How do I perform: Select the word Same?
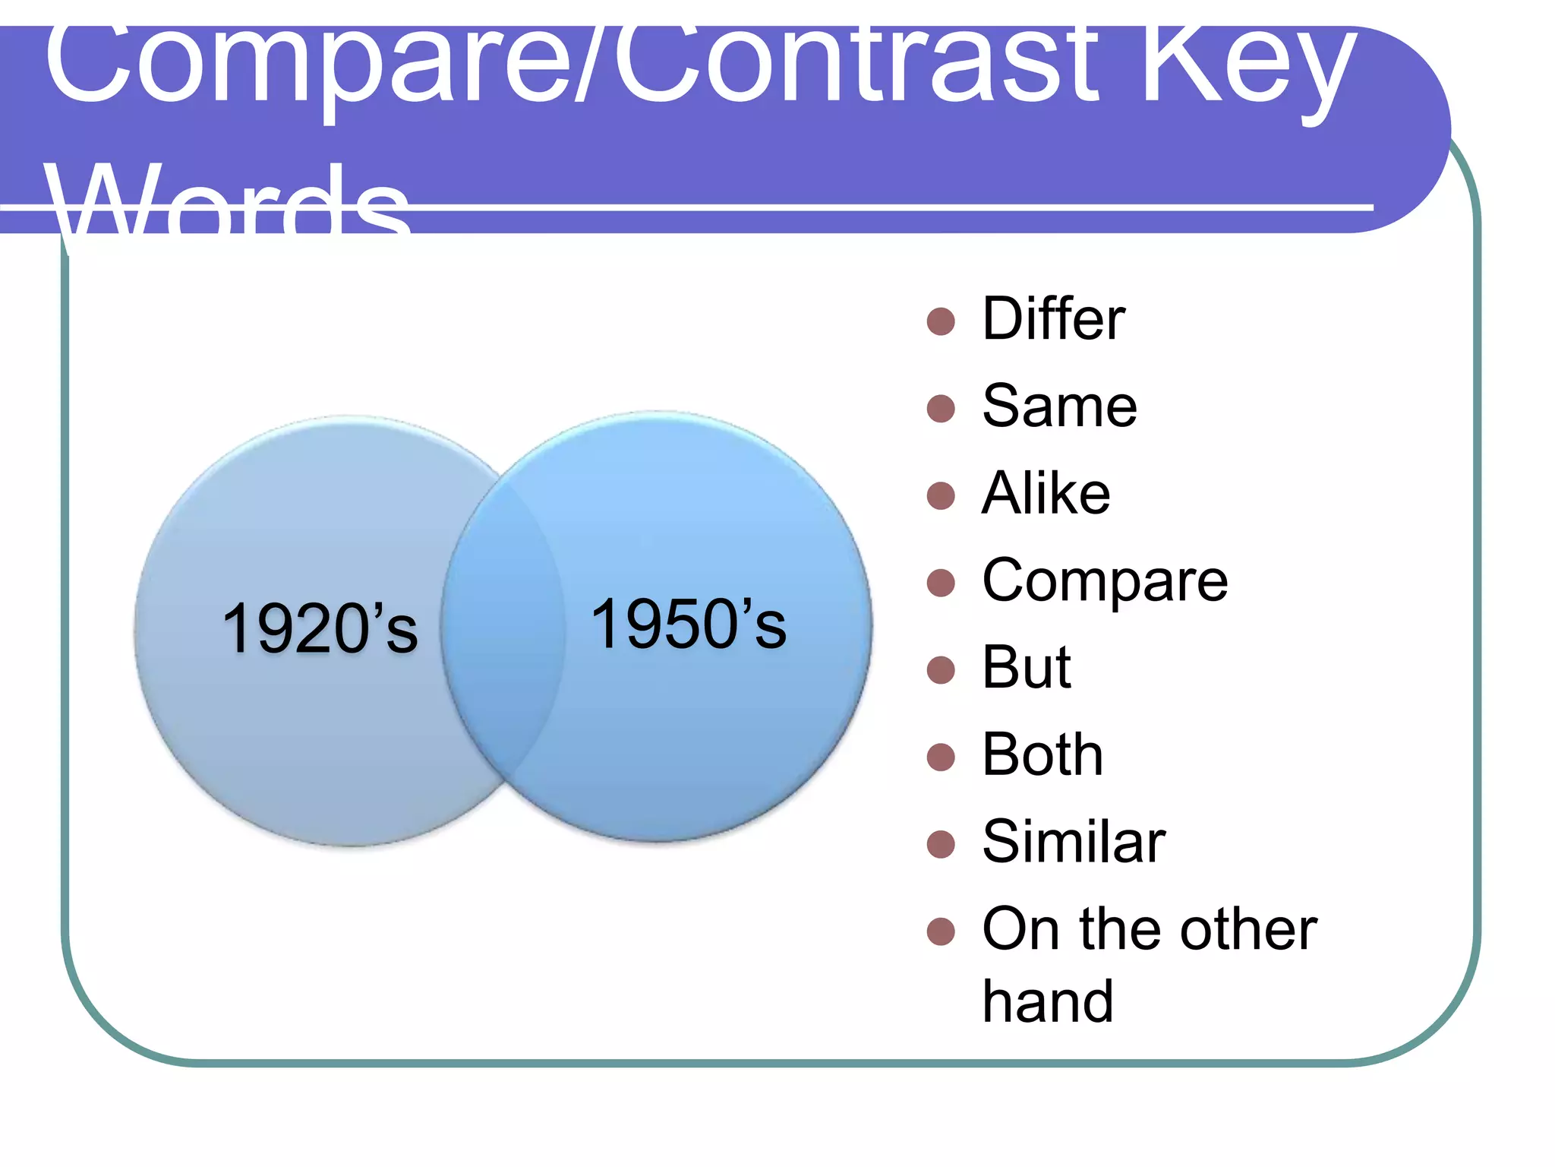tap(1059, 406)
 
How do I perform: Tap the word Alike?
tap(1046, 494)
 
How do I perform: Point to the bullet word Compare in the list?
tap(1105, 582)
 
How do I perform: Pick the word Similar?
tap(1073, 843)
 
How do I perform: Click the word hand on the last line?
tap(1047, 1002)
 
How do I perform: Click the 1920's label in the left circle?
tap(319, 628)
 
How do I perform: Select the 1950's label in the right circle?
tap(688, 625)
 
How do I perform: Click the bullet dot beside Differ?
tap(941, 321)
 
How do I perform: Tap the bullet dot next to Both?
tap(941, 757)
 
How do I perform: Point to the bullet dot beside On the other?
tap(941, 931)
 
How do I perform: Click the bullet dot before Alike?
tap(941, 496)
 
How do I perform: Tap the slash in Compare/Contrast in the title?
tap(591, 65)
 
